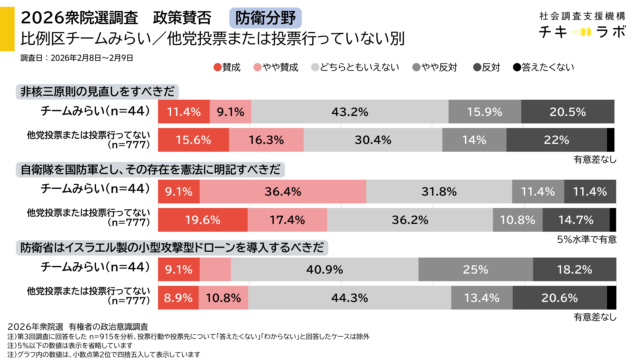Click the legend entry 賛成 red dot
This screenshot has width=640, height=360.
tap(218, 67)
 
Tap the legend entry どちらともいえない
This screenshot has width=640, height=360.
tap(351, 67)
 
